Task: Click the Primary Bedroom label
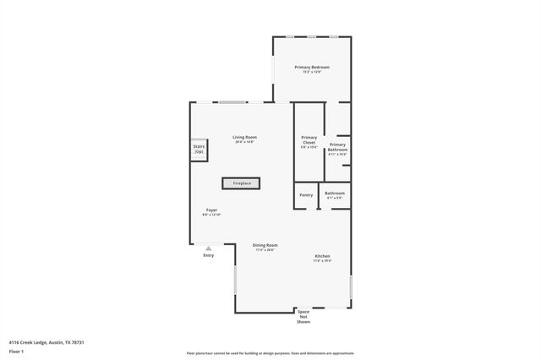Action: (x=312, y=67)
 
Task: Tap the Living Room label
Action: (x=245, y=137)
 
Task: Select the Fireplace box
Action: (x=242, y=183)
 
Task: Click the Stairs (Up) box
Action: (x=199, y=149)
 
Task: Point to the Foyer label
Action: (x=211, y=210)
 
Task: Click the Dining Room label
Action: (x=265, y=245)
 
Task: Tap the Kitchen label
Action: (x=323, y=256)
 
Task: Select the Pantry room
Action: (x=306, y=195)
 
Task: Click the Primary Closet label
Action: (x=309, y=139)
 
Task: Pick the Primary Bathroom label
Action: (x=338, y=147)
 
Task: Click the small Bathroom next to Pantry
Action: (x=335, y=194)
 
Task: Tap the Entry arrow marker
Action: (x=209, y=248)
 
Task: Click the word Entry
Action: (x=209, y=255)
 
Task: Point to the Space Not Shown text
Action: (x=303, y=317)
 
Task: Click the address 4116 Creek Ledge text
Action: (x=46, y=342)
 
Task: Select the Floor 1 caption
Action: (x=17, y=351)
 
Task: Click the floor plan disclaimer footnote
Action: (x=270, y=353)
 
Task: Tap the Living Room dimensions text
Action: (x=245, y=142)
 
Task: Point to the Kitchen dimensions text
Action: (x=323, y=261)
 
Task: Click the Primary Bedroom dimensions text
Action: (x=312, y=72)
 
